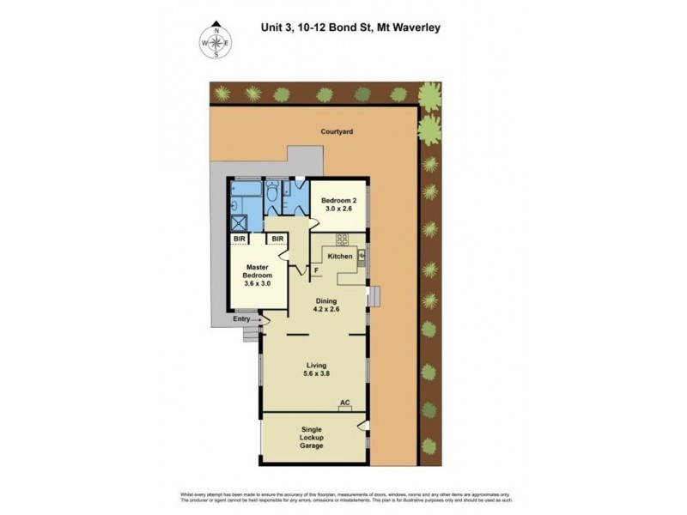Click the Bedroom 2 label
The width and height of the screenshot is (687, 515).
click(339, 200)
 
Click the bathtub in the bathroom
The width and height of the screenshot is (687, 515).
click(246, 186)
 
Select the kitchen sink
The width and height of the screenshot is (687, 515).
click(362, 255)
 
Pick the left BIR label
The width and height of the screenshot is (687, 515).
click(240, 239)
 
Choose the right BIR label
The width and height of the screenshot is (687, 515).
click(277, 239)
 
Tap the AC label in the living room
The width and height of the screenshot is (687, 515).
click(345, 402)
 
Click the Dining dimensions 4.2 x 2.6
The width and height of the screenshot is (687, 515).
click(325, 312)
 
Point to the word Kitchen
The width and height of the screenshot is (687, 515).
click(341, 257)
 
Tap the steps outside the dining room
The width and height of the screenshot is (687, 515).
click(374, 294)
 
